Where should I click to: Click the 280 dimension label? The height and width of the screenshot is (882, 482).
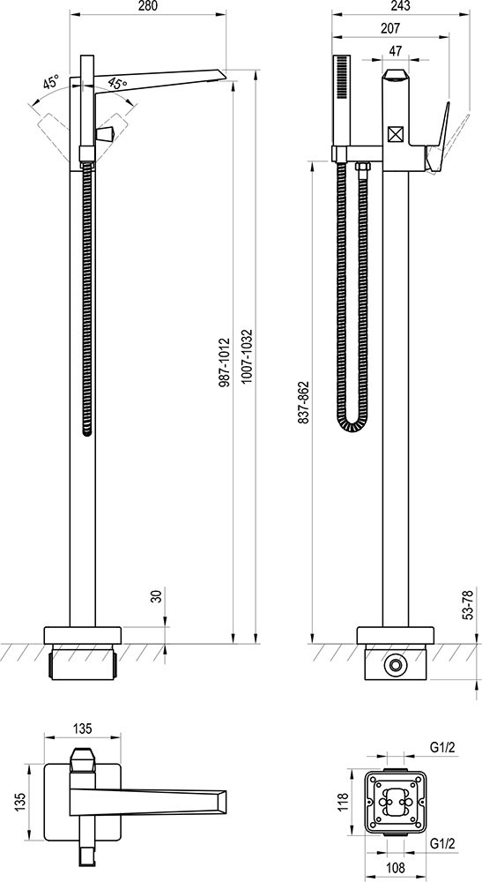click(x=147, y=6)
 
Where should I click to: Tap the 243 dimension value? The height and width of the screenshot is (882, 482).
click(x=400, y=6)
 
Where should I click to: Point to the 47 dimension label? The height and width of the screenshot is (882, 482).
click(x=396, y=50)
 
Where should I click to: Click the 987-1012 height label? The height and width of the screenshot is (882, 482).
click(x=224, y=365)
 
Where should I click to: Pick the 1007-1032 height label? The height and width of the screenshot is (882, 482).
click(x=247, y=357)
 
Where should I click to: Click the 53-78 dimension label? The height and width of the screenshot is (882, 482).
click(x=468, y=604)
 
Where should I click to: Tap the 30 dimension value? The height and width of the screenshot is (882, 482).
click(x=157, y=595)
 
